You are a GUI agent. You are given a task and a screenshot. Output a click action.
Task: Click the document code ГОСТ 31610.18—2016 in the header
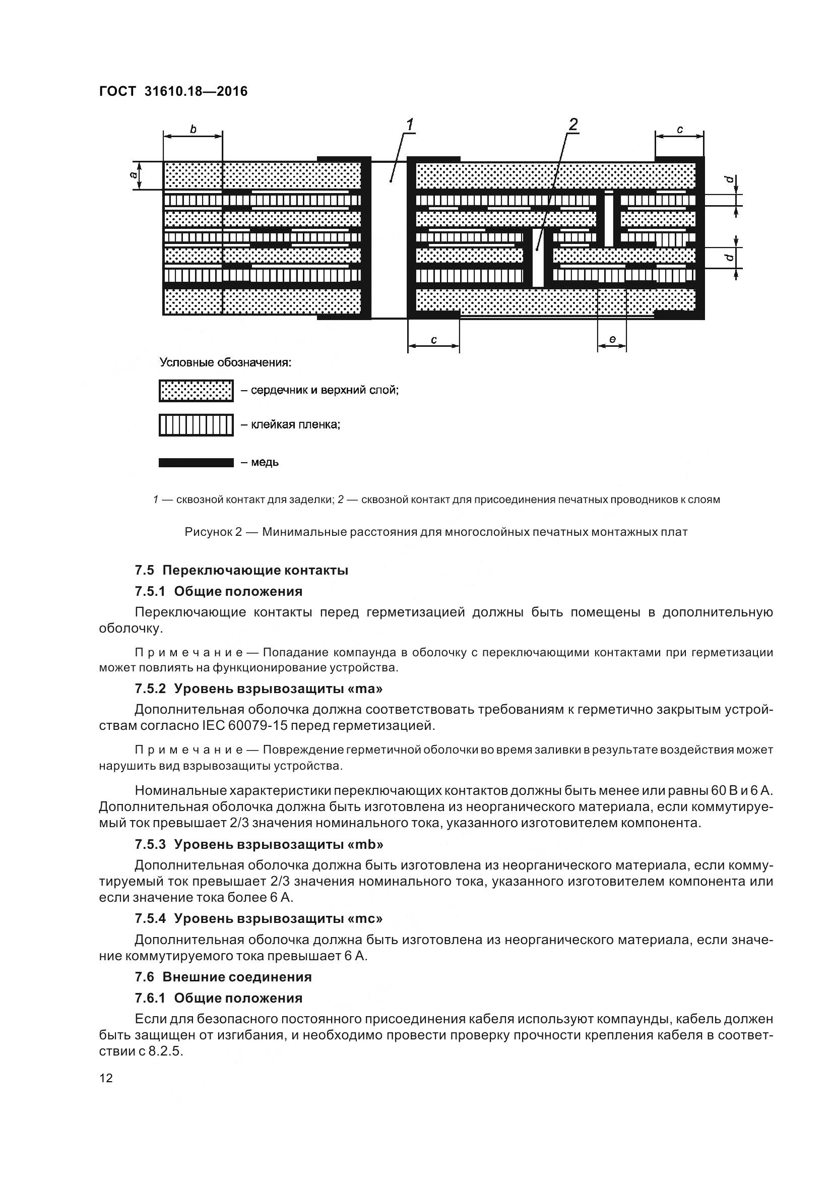pyautogui.click(x=173, y=91)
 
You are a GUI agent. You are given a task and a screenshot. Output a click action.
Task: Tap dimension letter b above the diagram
pyautogui.click(x=193, y=130)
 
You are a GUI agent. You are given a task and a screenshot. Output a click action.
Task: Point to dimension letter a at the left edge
pyautogui.click(x=134, y=175)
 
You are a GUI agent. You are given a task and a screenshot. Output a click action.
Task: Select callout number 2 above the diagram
pyautogui.click(x=573, y=125)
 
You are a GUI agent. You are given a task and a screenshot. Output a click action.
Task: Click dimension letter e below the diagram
pyautogui.click(x=612, y=339)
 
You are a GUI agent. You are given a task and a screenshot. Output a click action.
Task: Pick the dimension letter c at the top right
pyautogui.click(x=679, y=130)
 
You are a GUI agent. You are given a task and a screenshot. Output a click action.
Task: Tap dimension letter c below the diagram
pyautogui.click(x=434, y=339)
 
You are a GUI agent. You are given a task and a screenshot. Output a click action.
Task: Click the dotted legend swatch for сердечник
pyautogui.click(x=196, y=391)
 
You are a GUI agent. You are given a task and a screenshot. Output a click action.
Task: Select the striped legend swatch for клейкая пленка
pyautogui.click(x=196, y=424)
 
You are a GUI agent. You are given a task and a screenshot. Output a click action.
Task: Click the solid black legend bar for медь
pyautogui.click(x=196, y=463)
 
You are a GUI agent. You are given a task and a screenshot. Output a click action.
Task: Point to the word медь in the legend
pyautogui.click(x=265, y=462)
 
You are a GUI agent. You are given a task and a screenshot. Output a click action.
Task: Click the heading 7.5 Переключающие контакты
pyautogui.click(x=242, y=570)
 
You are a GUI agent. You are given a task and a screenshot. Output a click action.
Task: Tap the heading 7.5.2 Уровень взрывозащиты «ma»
pyautogui.click(x=259, y=688)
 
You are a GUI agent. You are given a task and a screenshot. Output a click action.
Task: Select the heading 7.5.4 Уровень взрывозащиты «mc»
pyautogui.click(x=259, y=917)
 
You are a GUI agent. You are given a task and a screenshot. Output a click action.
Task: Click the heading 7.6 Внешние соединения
pyautogui.click(x=223, y=977)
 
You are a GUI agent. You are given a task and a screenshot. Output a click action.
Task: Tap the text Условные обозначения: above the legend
pyautogui.click(x=225, y=362)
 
